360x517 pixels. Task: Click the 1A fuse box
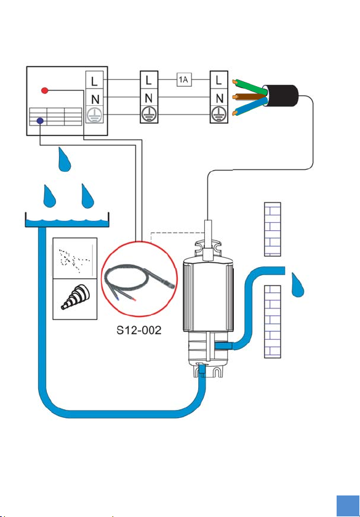tap(184, 79)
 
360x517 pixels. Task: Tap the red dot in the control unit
tap(45, 90)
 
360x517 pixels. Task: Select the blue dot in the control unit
tap(40, 121)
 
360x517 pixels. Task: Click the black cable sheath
tap(281, 96)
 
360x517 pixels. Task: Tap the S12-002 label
tap(139, 330)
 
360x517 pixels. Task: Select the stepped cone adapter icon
tap(75, 298)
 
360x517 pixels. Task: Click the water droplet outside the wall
tap(297, 285)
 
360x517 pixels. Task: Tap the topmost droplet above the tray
tap(65, 159)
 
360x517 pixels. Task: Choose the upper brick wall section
tap(273, 229)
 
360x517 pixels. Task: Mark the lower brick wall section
tap(273, 321)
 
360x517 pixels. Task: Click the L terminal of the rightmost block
tap(219, 80)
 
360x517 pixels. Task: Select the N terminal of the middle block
tap(149, 98)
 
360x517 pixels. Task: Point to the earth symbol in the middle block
tap(149, 114)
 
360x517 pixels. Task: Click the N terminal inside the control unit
tap(95, 98)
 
